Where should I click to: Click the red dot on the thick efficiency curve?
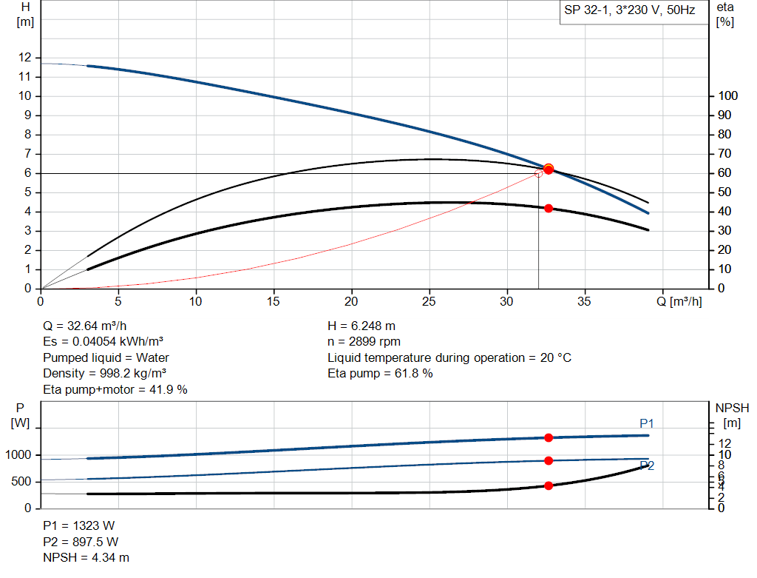pyautogui.click(x=549, y=209)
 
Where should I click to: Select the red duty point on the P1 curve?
pyautogui.click(x=549, y=437)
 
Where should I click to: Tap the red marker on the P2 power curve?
pyautogui.click(x=549, y=460)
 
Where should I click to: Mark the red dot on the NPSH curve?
pyautogui.click(x=549, y=485)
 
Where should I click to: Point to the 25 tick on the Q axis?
pyautogui.click(x=430, y=301)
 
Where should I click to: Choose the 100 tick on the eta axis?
pyautogui.click(x=728, y=96)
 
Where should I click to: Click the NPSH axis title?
pyautogui.click(x=732, y=408)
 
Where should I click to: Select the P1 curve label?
pyautogui.click(x=647, y=423)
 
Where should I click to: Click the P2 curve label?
pyautogui.click(x=647, y=466)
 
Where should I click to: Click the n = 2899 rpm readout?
pyautogui.click(x=364, y=342)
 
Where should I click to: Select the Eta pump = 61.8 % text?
pyautogui.click(x=380, y=374)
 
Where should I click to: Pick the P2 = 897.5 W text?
pyautogui.click(x=78, y=542)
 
